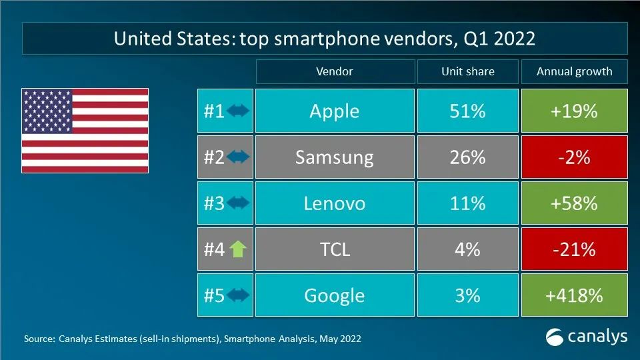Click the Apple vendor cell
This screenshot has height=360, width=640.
334,111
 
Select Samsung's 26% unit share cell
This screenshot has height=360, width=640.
467,157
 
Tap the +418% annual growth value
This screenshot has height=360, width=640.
575,295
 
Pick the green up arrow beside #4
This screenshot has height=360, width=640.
238,250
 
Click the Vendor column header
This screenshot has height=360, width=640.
334,71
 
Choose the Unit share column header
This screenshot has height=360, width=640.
467,71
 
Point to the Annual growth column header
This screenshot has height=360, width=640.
574,71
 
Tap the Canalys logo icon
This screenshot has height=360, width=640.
555,337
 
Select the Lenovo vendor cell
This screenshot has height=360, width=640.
334,203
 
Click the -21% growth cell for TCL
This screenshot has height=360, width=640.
575,249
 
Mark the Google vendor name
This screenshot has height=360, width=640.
334,295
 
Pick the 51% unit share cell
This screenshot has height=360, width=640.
467,111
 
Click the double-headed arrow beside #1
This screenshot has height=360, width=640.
238,111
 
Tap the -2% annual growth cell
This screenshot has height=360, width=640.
575,157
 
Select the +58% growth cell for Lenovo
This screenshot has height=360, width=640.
575,203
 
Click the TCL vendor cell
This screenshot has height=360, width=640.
334,249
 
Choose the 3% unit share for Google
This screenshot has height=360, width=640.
467,295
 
